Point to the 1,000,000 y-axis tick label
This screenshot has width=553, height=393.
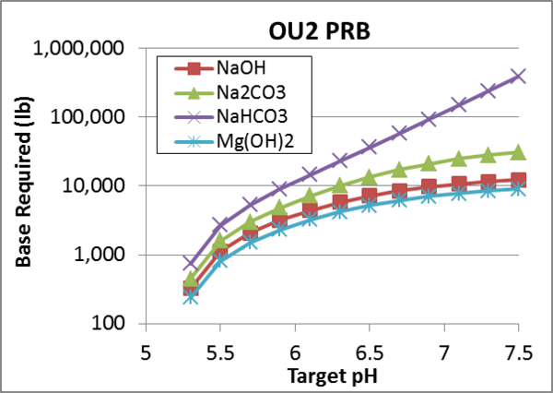[x=72, y=49]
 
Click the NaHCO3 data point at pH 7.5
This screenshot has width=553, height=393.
[x=519, y=76]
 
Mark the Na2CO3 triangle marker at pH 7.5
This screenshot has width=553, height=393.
[x=519, y=151]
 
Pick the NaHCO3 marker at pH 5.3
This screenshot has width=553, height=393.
[x=190, y=263]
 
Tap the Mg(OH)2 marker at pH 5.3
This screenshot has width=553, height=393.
[x=190, y=296]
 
